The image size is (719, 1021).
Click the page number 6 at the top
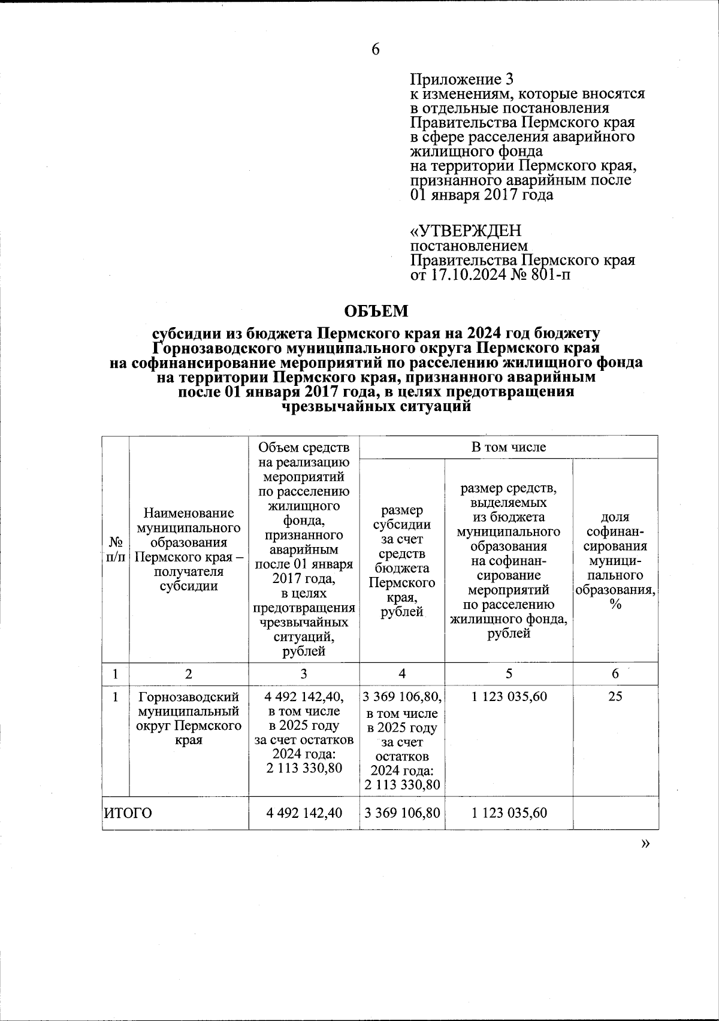click(376, 50)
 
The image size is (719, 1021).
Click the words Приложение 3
click(461, 79)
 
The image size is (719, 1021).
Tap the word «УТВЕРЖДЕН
click(466, 231)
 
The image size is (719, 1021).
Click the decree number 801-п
click(548, 275)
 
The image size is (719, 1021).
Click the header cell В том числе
click(509, 447)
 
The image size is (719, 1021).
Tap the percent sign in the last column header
click(615, 605)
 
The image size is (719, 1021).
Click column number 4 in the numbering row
click(402, 673)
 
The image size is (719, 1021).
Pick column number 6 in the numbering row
click(615, 673)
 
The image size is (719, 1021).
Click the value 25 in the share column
click(615, 696)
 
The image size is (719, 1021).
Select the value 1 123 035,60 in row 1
click(509, 696)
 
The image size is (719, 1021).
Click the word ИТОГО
click(128, 813)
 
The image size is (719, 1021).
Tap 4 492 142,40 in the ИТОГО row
click(304, 813)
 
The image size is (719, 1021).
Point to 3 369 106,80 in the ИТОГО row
click(402, 813)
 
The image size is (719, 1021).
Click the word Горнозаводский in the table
click(189, 697)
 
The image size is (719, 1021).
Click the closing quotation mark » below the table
click(645, 843)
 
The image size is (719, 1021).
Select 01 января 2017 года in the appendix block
click(481, 195)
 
